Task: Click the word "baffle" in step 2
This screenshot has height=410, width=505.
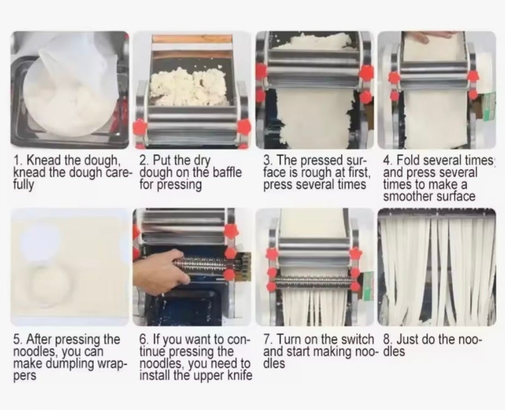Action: pos(227,172)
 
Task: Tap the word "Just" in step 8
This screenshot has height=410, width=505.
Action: pos(407,339)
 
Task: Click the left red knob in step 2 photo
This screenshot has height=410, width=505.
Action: pos(140,127)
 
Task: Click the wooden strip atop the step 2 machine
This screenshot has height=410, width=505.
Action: pos(192,39)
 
